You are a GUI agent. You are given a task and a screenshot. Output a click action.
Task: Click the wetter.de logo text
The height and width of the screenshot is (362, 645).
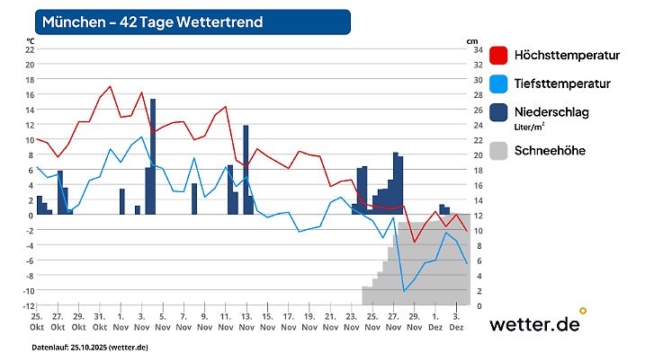(534, 325)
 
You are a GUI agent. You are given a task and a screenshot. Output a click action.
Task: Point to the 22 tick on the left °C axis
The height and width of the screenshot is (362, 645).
(30, 49)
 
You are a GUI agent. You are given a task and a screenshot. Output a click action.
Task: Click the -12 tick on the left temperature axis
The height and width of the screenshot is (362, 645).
(28, 305)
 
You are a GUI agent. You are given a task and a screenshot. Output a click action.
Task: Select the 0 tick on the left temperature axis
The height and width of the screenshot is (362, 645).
(31, 215)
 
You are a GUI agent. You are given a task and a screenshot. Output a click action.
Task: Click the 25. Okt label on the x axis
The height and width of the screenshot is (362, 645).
(37, 322)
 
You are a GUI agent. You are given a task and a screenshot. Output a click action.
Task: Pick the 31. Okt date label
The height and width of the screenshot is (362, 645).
(100, 322)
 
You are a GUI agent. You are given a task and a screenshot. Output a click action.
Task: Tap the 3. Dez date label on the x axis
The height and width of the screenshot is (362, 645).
(456, 322)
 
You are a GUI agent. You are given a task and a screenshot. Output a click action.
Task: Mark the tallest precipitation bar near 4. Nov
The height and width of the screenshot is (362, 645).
(153, 157)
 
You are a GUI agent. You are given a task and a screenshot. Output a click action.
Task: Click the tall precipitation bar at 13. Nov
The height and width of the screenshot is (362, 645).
(246, 169)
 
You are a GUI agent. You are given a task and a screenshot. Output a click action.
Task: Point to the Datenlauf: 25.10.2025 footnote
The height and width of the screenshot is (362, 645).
(90, 347)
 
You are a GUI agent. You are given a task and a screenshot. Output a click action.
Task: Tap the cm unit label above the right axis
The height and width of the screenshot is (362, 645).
(472, 40)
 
